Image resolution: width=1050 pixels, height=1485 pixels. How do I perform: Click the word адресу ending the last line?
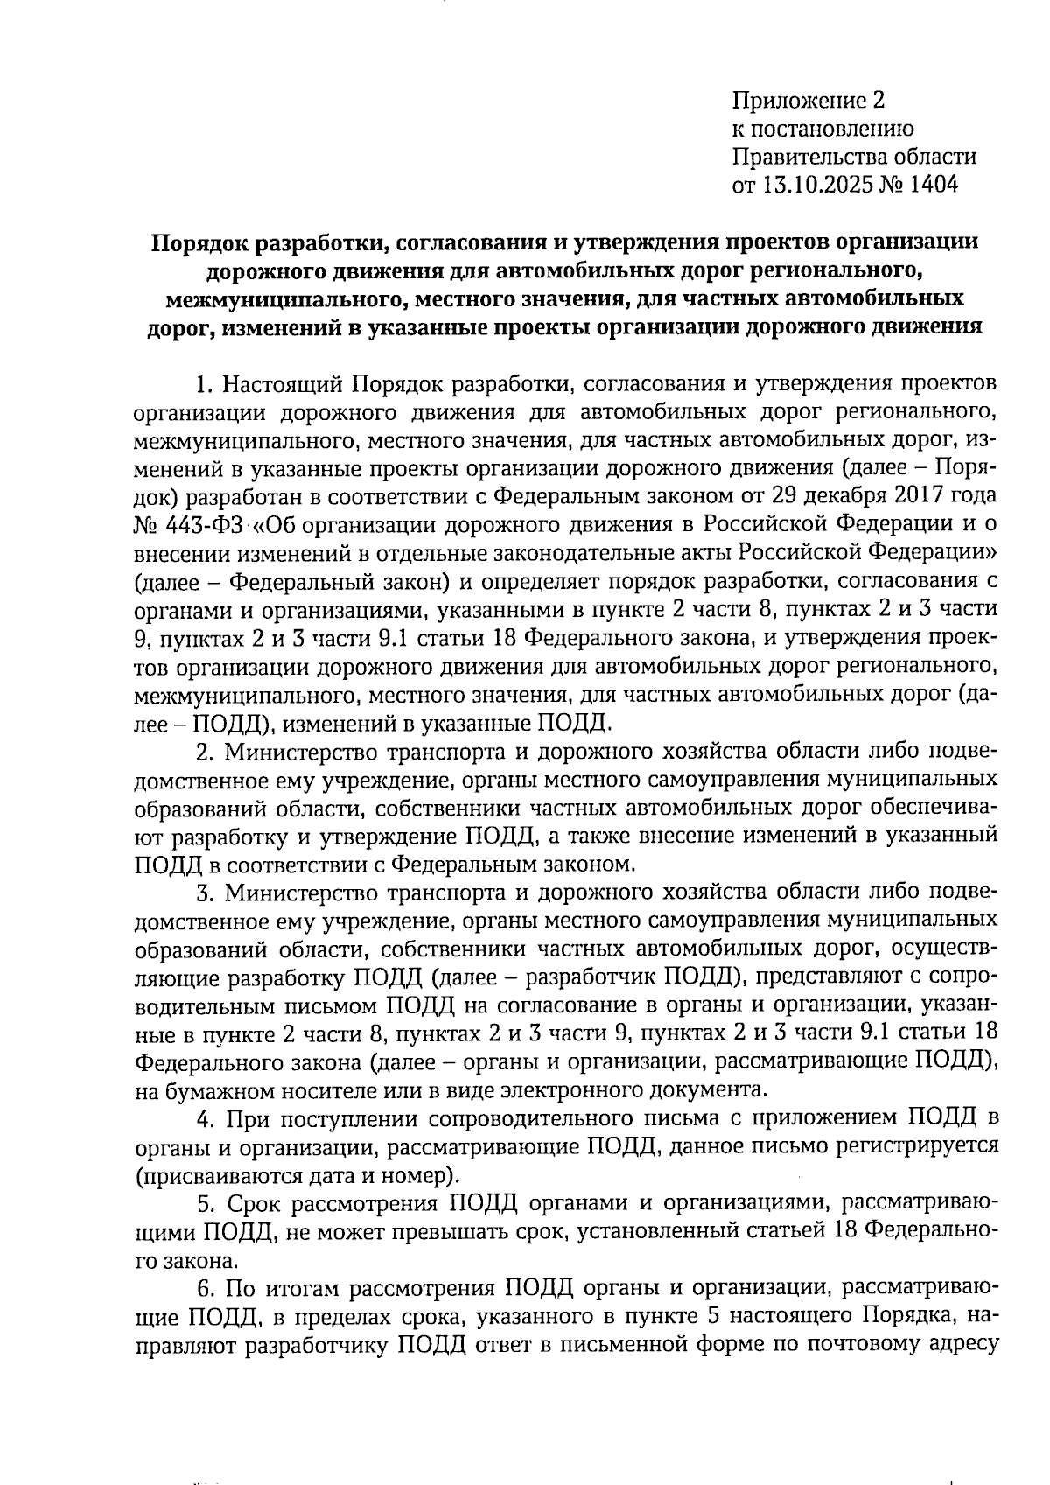965,1346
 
